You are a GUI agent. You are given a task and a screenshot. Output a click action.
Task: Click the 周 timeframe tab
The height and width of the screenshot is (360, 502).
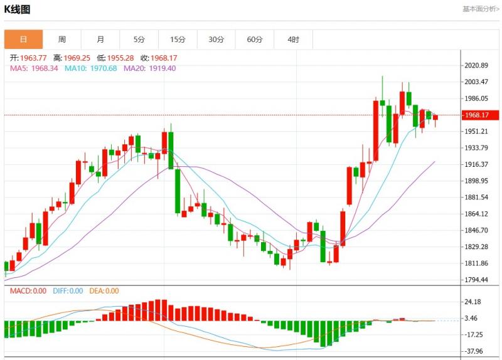coord(62,40)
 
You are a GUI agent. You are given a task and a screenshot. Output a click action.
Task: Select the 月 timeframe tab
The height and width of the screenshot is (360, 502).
coord(100,40)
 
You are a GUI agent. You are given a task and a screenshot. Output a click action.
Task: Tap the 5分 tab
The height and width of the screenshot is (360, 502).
coord(139,40)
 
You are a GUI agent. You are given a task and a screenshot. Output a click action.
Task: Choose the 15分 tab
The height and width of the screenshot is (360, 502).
coord(178,40)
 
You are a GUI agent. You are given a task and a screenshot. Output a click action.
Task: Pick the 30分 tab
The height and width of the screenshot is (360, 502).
coord(216,40)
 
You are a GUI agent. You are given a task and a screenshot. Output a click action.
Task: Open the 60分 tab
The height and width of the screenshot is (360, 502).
coord(255,40)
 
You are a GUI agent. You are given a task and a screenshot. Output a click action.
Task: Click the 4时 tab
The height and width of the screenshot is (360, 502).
coord(293,40)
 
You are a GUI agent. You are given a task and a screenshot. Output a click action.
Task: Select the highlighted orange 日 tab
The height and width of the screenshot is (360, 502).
coord(24,40)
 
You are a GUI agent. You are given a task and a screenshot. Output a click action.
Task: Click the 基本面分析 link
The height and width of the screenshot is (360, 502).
coord(481,9)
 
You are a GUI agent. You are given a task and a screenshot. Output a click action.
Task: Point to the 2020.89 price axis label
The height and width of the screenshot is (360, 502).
coord(475,66)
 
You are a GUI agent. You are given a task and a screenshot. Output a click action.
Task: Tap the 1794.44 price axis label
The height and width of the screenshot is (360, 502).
coord(475,280)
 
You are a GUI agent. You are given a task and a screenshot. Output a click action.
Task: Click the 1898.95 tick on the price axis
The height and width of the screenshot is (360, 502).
coord(475,181)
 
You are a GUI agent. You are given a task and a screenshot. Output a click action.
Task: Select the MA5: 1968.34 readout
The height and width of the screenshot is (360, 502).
coord(34,68)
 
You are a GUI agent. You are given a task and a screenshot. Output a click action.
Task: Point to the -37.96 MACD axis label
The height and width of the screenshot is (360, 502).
coord(474,351)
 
